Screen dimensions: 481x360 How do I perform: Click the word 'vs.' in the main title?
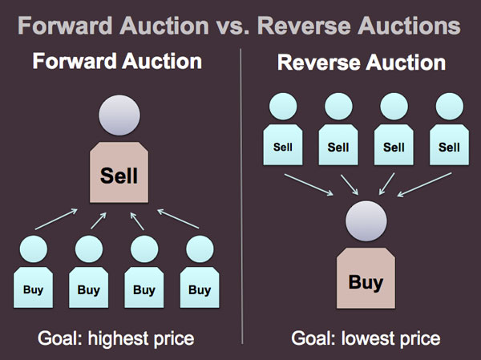pyautogui.click(x=232, y=26)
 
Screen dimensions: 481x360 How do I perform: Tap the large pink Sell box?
pyautogui.click(x=119, y=172)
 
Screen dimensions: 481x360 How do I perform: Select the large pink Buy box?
pyautogui.click(x=366, y=278)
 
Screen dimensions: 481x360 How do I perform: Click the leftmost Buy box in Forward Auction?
pyautogui.click(x=33, y=287)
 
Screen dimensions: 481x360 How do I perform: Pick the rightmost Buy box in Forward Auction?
pyautogui.click(x=200, y=287)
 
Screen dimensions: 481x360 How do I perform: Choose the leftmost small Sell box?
pyautogui.click(x=283, y=144)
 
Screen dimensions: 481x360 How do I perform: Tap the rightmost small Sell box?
pyautogui.click(x=450, y=144)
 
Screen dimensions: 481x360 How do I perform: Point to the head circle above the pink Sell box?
pyautogui.click(x=119, y=115)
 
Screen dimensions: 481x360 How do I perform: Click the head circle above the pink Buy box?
pyautogui.click(x=366, y=221)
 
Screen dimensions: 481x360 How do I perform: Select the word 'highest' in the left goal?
pyautogui.click(x=118, y=339)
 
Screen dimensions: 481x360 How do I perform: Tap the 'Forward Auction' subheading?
pyautogui.click(x=117, y=61)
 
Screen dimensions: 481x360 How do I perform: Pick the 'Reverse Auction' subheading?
pyautogui.click(x=362, y=63)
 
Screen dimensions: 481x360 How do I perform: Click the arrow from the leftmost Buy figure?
pyautogui.click(x=56, y=219)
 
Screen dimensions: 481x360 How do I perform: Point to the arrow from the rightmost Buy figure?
pyautogui.click(x=178, y=219)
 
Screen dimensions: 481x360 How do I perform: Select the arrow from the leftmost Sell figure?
pyautogui.click(x=309, y=184)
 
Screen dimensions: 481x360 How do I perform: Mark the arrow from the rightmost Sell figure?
pyautogui.click(x=425, y=184)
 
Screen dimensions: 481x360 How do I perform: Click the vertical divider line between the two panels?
pyautogui.click(x=241, y=196)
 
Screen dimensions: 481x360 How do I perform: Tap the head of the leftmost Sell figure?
pyautogui.click(x=283, y=106)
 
